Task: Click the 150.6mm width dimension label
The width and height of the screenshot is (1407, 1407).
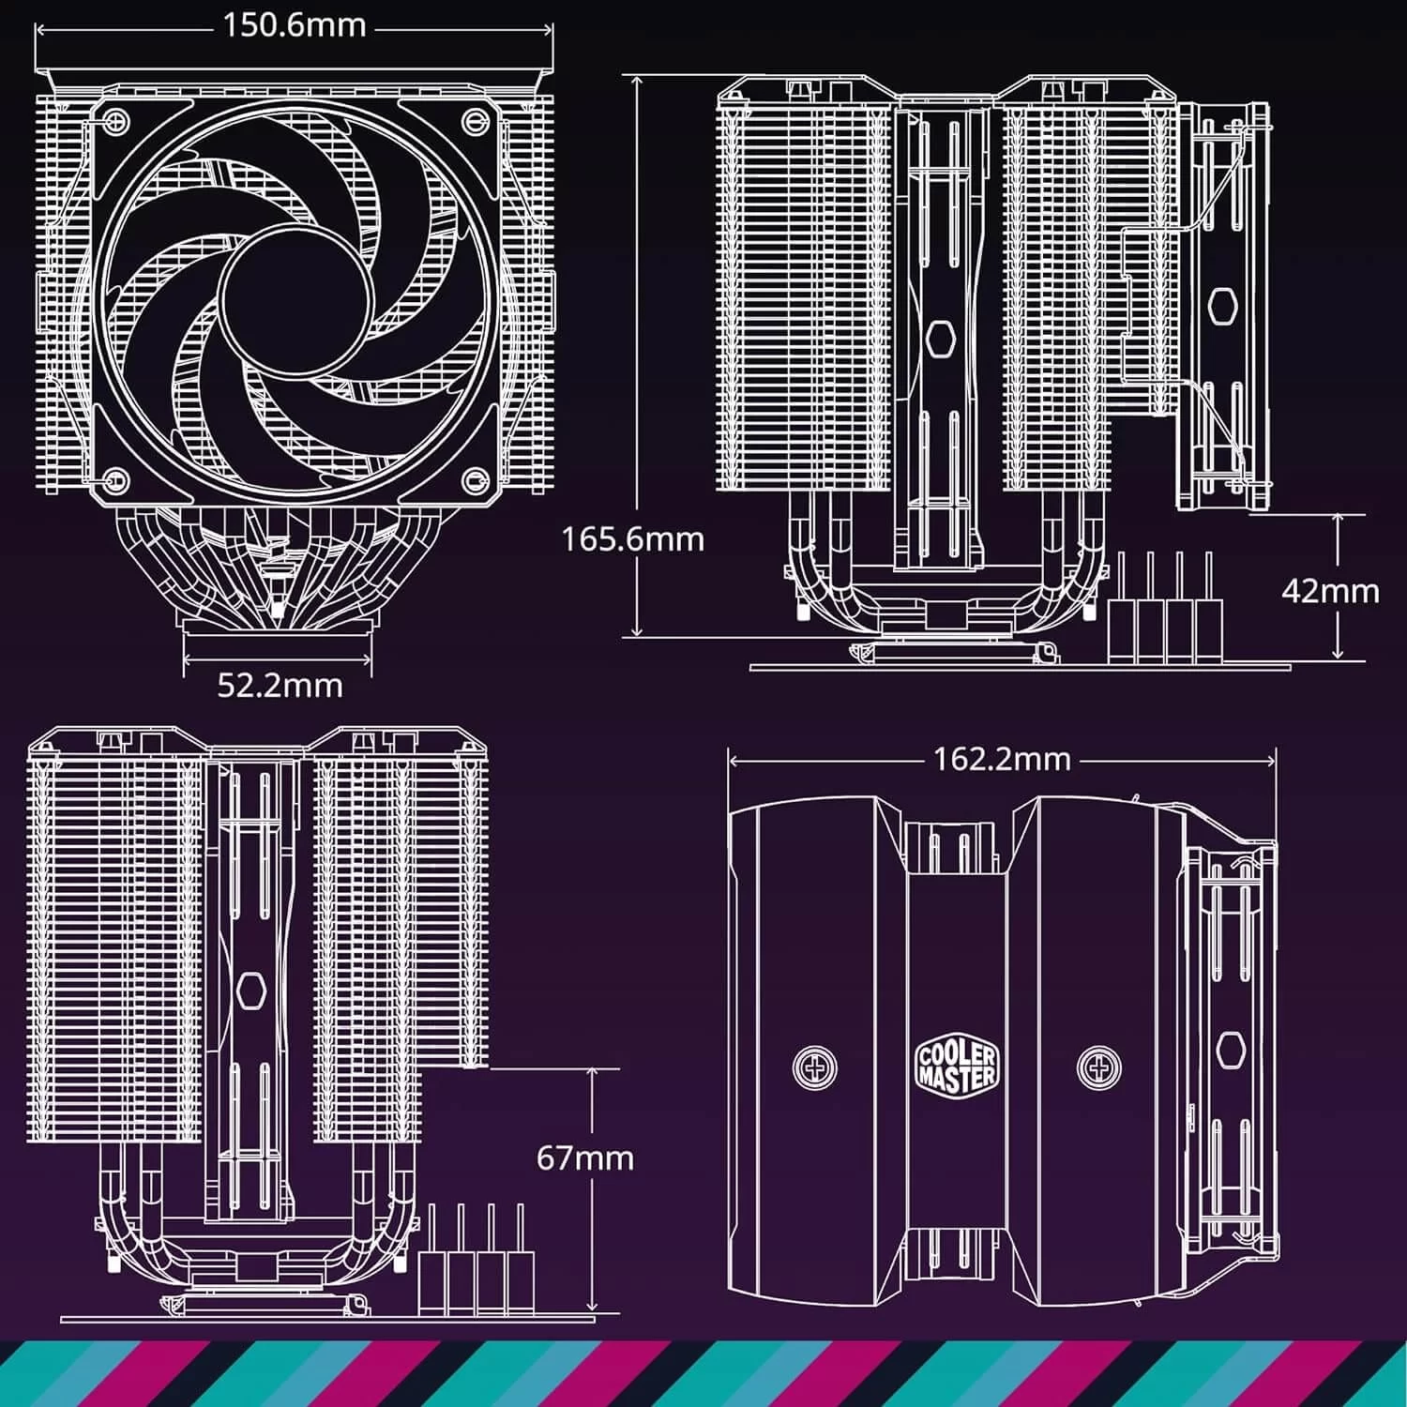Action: pyautogui.click(x=294, y=25)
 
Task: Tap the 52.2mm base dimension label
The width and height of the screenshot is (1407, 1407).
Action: pyautogui.click(x=280, y=685)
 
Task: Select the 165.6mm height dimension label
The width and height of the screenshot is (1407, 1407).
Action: pyautogui.click(x=632, y=539)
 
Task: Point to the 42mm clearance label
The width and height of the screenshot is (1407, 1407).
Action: pyautogui.click(x=1330, y=590)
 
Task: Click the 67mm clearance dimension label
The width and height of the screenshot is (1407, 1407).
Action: pyautogui.click(x=585, y=1157)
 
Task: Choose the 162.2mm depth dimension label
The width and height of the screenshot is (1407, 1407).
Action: pyautogui.click(x=1002, y=758)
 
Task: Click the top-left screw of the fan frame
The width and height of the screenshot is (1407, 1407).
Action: pyautogui.click(x=115, y=119)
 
